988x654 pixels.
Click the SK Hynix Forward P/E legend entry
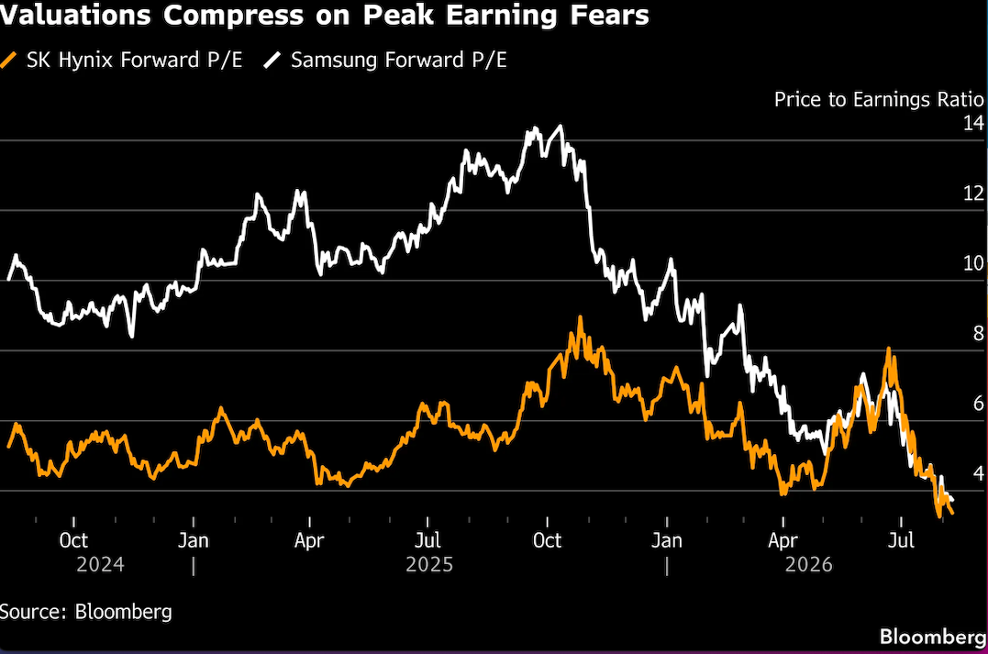pos(121,60)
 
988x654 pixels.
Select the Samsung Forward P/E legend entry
pos(385,60)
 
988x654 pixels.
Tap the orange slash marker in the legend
pos(8,61)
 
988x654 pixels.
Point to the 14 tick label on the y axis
pos(973,122)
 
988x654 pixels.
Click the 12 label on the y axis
pos(973,193)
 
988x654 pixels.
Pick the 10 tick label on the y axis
pos(973,262)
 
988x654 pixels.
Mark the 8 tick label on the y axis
pos(979,333)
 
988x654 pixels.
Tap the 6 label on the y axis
pos(979,403)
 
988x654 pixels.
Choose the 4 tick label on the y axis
pos(979,472)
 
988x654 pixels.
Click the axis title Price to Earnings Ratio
pos(879,100)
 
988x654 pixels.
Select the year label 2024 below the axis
pos(100,564)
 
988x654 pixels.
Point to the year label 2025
pos(429,564)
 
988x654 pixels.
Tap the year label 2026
pos(809,564)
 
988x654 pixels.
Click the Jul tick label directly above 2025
pos(427,540)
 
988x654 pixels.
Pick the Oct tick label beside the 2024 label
pos(73,540)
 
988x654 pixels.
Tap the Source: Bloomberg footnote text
pos(85,612)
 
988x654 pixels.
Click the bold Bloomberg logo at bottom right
pos(933,637)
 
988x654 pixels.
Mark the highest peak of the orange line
pos(581,317)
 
